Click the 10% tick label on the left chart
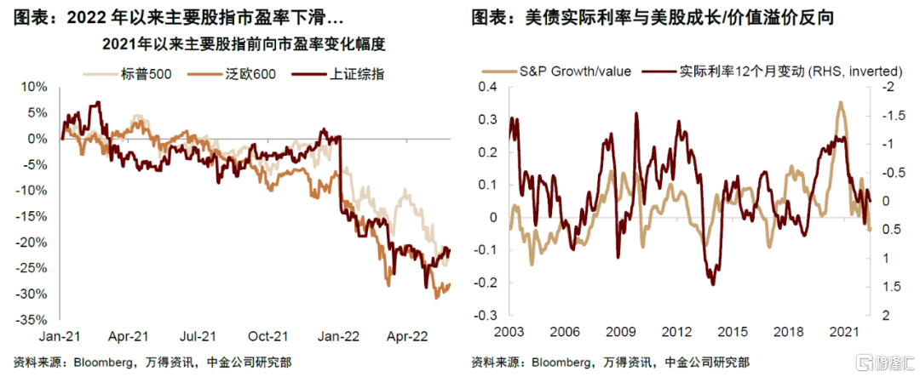(x=37, y=87)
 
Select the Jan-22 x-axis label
(x=339, y=335)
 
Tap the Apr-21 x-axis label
(x=131, y=335)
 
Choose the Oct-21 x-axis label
(x=269, y=335)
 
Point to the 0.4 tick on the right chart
(x=486, y=88)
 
